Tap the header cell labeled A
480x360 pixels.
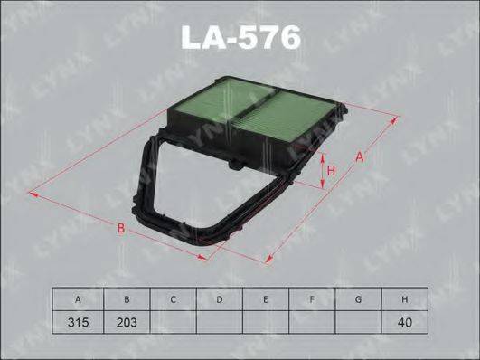click(79, 299)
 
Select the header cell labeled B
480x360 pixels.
click(126, 299)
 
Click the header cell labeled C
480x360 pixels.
click(172, 299)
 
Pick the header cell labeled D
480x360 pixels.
click(219, 299)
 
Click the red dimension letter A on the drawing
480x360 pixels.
click(359, 157)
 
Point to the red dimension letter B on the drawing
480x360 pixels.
click(120, 228)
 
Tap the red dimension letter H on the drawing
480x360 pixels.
click(331, 170)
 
